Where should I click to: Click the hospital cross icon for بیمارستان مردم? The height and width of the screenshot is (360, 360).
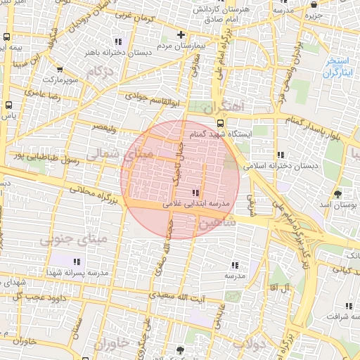point(181,34)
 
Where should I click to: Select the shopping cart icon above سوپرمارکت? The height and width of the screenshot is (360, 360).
point(60,70)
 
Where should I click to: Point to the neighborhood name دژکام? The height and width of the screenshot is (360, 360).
point(99,72)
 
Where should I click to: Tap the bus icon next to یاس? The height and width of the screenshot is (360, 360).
point(8,106)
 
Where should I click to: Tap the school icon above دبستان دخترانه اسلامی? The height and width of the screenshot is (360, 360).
point(281,155)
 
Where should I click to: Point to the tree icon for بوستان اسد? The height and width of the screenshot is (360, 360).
point(338,193)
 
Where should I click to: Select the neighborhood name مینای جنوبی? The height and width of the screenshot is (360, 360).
point(65,240)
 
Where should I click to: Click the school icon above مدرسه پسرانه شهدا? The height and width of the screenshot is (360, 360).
point(77,261)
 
